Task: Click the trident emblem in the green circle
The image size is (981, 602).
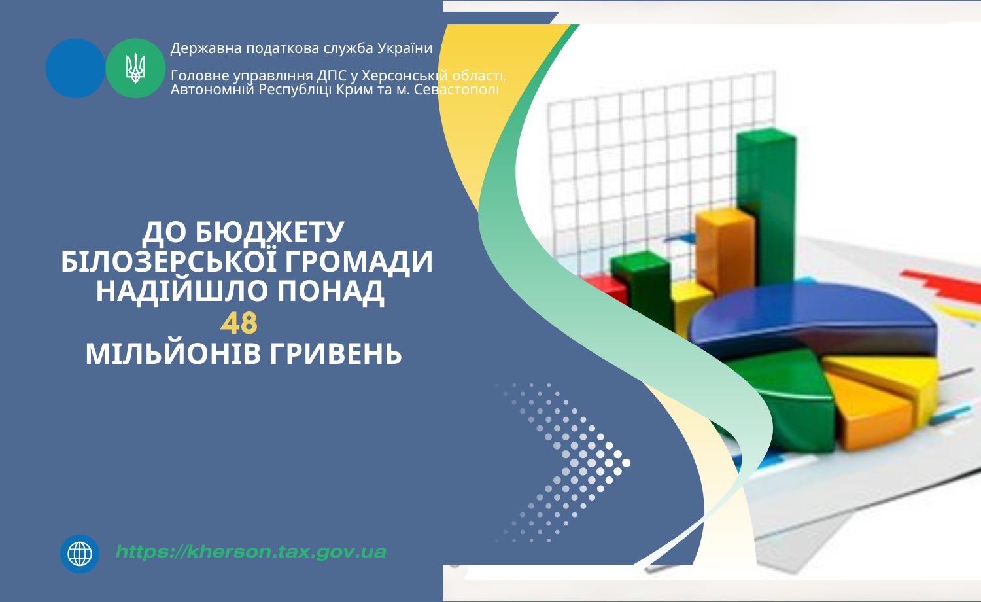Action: point(136,68)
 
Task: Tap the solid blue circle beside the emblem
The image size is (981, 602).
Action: point(75,68)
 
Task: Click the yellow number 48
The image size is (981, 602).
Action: point(239,323)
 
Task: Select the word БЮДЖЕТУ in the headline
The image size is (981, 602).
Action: point(269,232)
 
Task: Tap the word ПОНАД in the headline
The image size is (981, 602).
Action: point(331,291)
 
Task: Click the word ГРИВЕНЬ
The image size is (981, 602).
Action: point(336,354)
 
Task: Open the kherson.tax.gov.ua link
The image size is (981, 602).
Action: point(251,552)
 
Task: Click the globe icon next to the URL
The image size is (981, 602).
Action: point(80,554)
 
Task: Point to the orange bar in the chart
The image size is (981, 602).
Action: point(725,250)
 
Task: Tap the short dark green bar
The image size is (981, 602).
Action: point(642,289)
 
